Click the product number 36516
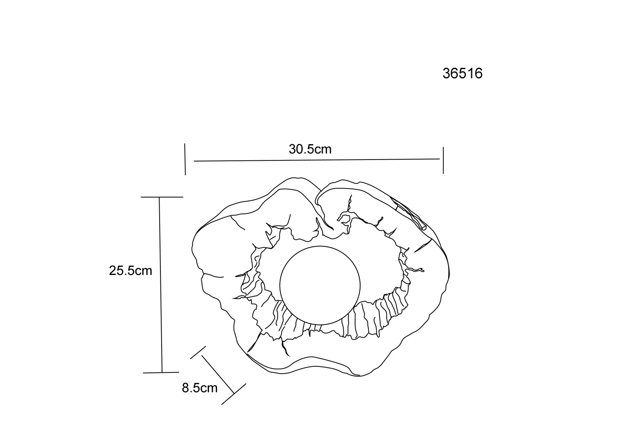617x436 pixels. pyautogui.click(x=462, y=74)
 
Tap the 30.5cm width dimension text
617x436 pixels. pyautogui.click(x=310, y=149)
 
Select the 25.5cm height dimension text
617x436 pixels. pyautogui.click(x=131, y=271)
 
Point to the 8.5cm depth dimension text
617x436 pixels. pyautogui.click(x=200, y=388)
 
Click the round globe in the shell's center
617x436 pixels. pyautogui.click(x=320, y=285)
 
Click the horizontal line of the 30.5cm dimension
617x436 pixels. pyautogui.click(x=317, y=160)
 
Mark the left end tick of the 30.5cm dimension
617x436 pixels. pyautogui.click(x=185, y=159)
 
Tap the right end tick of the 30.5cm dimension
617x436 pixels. pyautogui.click(x=443, y=160)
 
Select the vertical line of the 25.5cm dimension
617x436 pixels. pyautogui.click(x=160, y=285)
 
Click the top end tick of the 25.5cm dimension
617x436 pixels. pyautogui.click(x=162, y=197)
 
